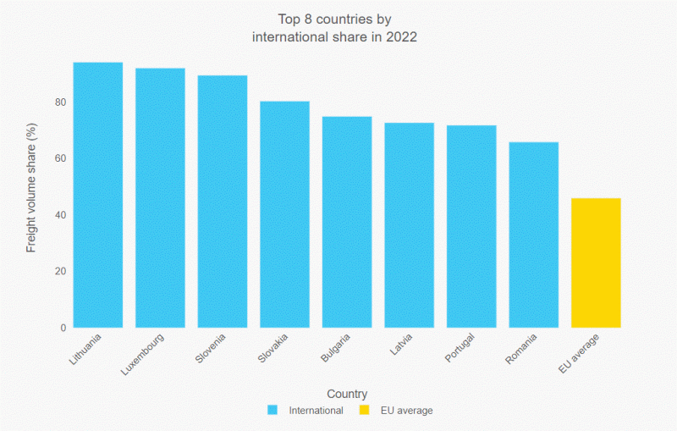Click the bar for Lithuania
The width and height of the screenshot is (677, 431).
click(98, 195)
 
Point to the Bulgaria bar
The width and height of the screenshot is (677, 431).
click(347, 222)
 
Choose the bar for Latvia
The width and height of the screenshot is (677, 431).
click(410, 225)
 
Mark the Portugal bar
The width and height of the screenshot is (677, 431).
click(471, 226)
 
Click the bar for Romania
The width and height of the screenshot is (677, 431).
click(534, 235)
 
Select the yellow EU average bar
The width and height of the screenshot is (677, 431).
click(596, 262)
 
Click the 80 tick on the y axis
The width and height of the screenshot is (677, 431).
click(60, 102)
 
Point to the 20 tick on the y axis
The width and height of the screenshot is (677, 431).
click(60, 272)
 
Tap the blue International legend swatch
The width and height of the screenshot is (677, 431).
click(272, 411)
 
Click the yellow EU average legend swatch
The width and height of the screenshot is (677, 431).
click(364, 411)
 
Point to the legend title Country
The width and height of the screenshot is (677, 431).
click(347, 394)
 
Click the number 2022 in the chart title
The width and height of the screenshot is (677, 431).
click(401, 37)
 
